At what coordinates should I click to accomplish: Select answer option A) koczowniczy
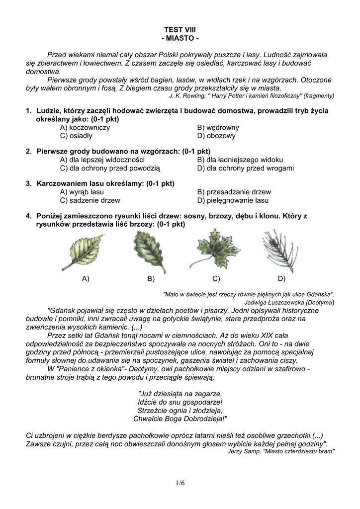85,128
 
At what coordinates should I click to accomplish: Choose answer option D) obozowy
216,136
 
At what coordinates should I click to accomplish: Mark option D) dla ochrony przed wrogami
245,168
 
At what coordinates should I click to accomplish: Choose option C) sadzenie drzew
90,200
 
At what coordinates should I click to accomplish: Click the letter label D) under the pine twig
281,279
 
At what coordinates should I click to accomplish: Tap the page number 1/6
180,483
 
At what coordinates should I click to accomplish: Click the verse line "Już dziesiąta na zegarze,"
180,393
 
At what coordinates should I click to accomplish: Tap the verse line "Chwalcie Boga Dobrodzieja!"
180,419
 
